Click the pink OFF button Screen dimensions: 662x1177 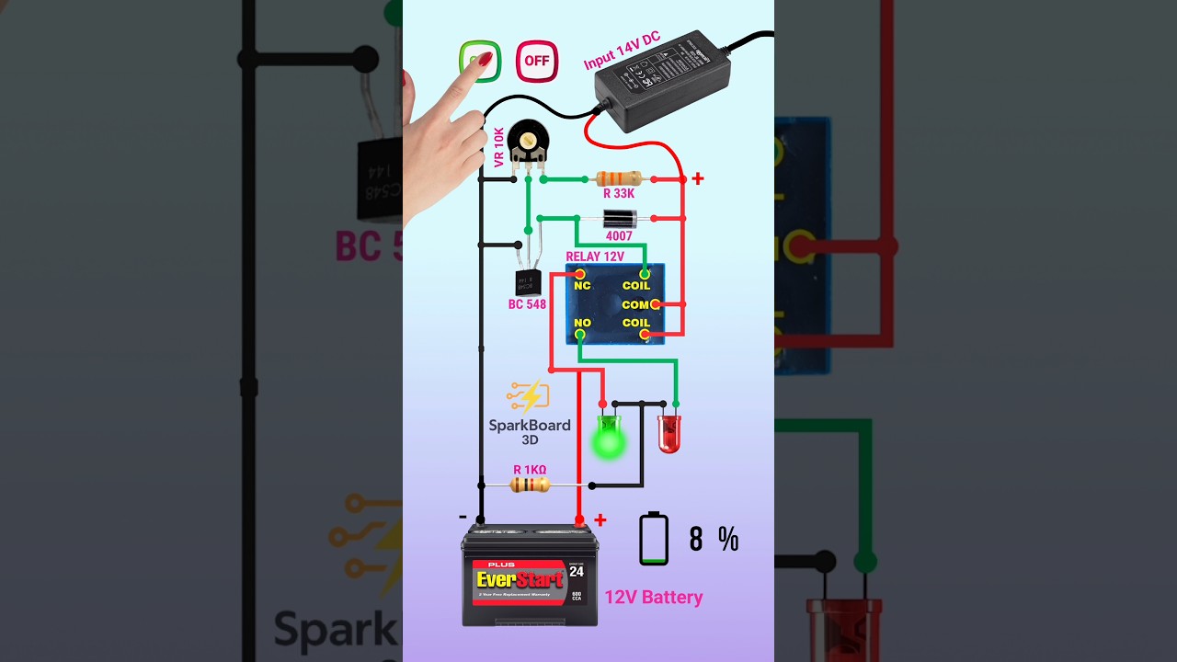point(536,62)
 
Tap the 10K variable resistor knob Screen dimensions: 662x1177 point(528,141)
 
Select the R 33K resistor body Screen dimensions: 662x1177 point(619,178)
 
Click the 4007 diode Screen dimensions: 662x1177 point(619,219)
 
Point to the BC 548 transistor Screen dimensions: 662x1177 point(528,281)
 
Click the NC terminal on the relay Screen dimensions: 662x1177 point(579,275)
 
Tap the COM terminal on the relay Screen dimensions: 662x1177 point(655,304)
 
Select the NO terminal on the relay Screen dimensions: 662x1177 point(580,336)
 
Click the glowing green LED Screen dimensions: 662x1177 point(608,436)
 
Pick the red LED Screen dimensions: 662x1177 point(669,433)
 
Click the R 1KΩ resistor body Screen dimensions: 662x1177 point(530,484)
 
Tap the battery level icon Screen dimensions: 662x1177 point(654,539)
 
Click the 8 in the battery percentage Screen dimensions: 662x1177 point(696,540)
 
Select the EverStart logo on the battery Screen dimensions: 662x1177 point(520,579)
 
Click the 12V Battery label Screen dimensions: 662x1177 point(653,598)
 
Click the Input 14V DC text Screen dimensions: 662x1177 point(622,50)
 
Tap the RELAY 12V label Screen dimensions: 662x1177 point(594,257)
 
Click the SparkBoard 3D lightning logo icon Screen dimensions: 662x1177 point(528,396)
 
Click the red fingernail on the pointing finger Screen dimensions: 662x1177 point(483,62)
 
